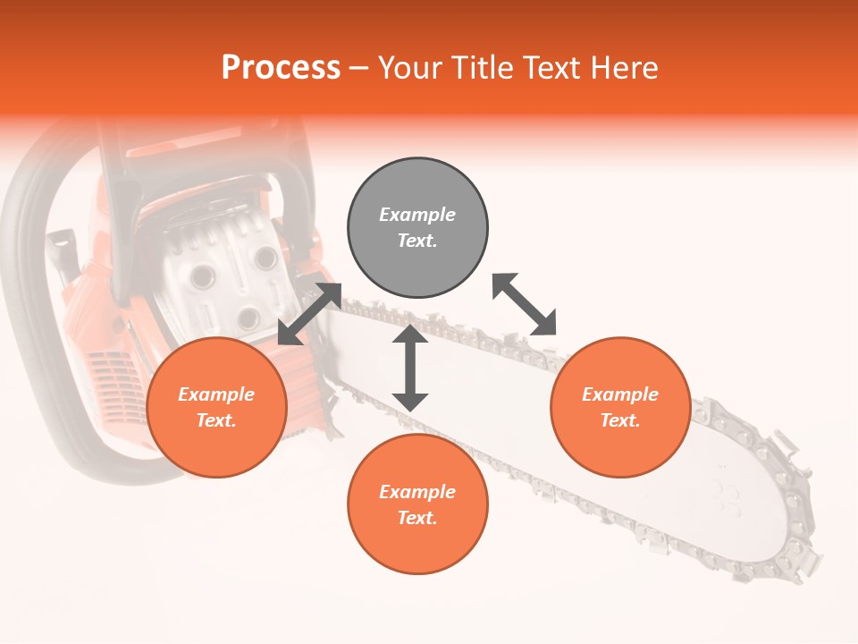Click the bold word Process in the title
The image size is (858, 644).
281,67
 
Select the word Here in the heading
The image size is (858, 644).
624,67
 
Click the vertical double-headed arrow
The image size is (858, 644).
410,368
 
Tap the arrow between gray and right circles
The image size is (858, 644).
525,304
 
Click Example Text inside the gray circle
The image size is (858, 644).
417,228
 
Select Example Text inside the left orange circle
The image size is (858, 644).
216,407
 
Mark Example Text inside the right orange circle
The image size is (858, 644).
620,407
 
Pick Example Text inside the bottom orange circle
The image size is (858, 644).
417,504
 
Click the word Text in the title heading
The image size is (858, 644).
548,67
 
